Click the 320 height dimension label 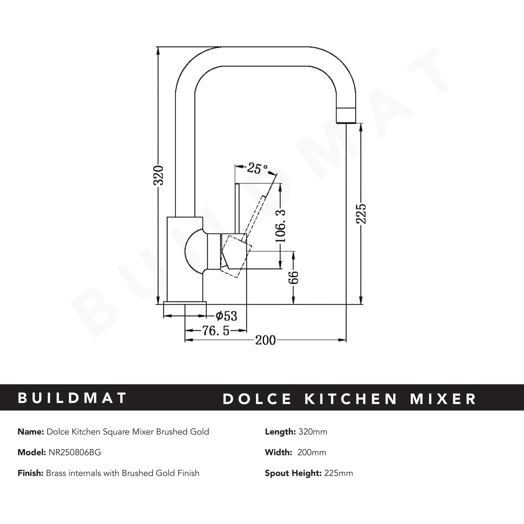159,175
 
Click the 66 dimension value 294,277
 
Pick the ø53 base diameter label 226,316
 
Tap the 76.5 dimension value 216,331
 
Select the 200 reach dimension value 265,341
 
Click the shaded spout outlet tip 346,115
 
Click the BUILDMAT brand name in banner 72,398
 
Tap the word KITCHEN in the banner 351,399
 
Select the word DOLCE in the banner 257,399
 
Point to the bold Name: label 31,432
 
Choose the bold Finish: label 31,473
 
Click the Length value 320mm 313,432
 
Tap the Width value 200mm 311,452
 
